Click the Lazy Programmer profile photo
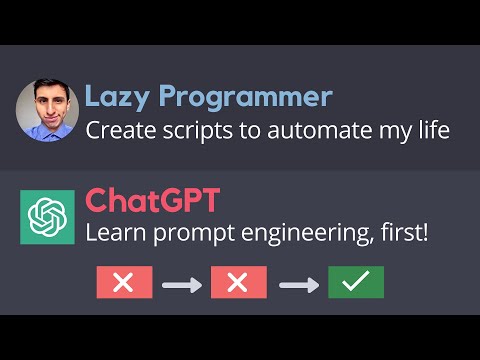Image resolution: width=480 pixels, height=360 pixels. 47,110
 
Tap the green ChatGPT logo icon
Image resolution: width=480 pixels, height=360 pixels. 47,215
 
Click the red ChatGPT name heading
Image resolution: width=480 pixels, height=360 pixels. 151,201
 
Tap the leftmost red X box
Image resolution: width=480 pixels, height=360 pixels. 124,283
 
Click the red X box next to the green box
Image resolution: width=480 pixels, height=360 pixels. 238,283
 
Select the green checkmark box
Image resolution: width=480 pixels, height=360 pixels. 355,283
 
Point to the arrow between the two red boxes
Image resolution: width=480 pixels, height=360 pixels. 181,284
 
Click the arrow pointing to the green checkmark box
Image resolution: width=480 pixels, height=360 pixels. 297,284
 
